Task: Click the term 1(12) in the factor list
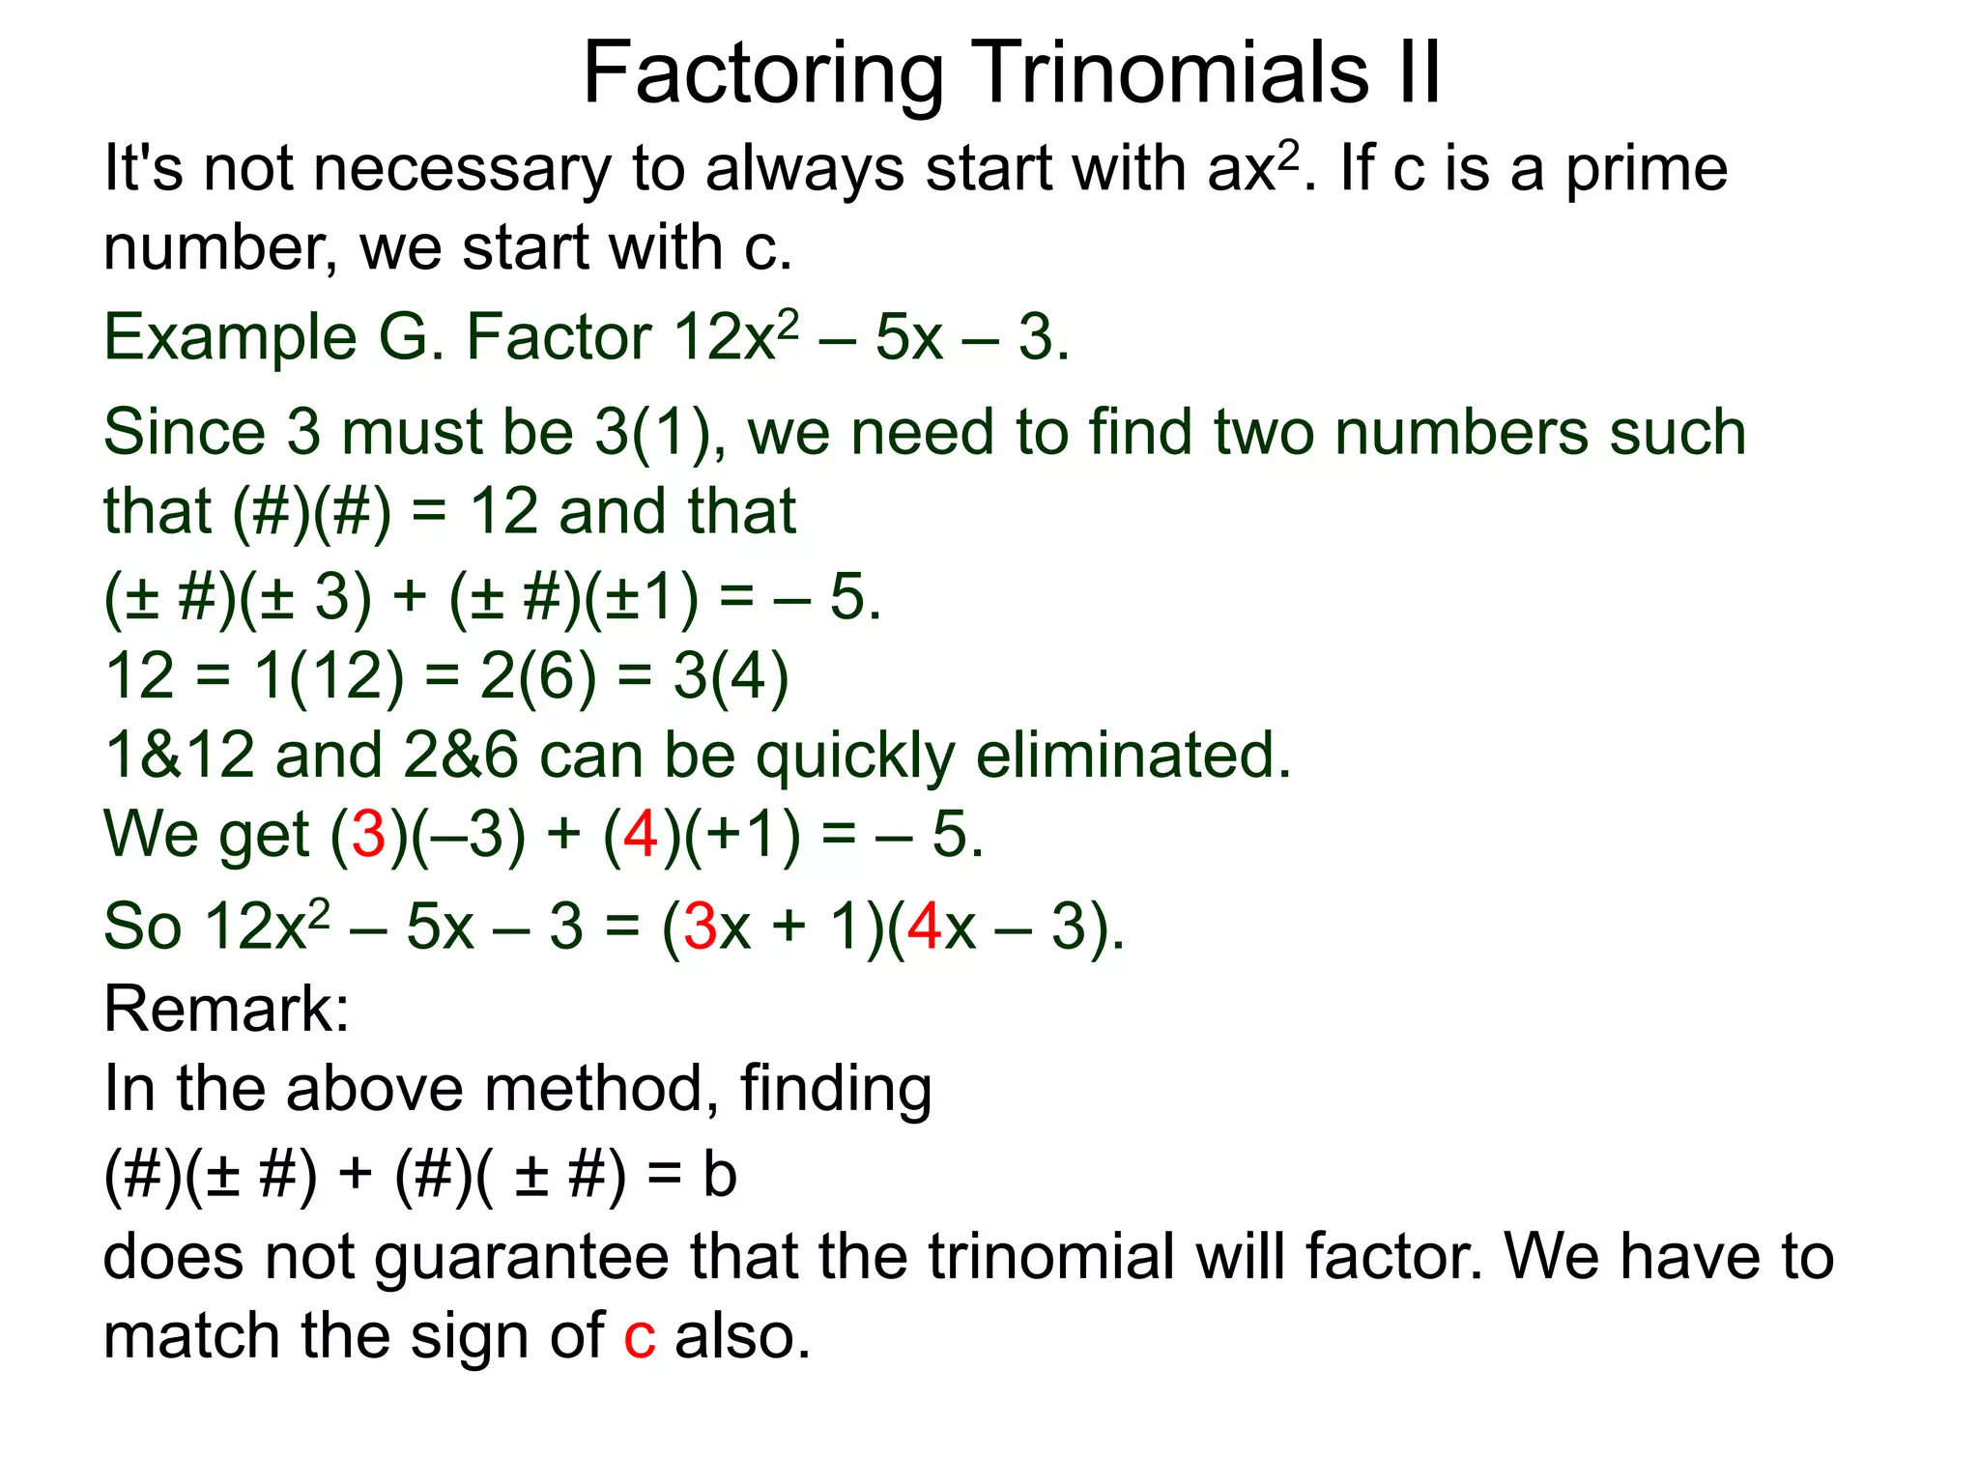(x=329, y=675)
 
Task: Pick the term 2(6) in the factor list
(x=538, y=675)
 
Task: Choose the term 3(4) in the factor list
(x=731, y=675)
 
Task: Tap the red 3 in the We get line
(x=369, y=834)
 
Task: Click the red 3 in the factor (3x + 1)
(x=701, y=926)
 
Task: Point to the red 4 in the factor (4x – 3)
(x=925, y=926)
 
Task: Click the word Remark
(x=225, y=1009)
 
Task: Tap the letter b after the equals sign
(x=720, y=1175)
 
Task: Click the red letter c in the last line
(x=640, y=1337)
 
